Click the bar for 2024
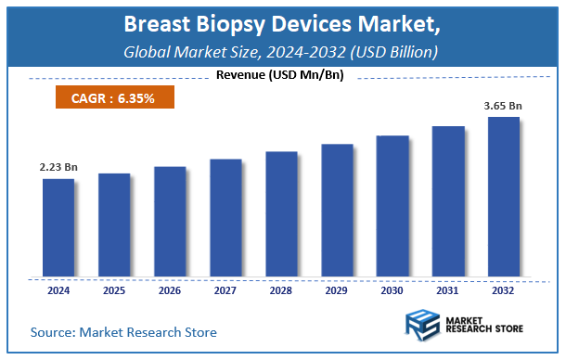click(58, 227)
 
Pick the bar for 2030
click(392, 206)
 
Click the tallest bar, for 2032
click(504, 197)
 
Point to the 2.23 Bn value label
click(58, 167)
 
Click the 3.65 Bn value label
click(504, 106)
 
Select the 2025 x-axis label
click(114, 291)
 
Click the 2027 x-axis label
click(225, 291)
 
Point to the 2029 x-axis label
click(337, 291)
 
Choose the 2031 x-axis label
click(448, 291)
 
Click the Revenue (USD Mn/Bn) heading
click(280, 75)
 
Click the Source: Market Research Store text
click(123, 331)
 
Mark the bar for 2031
click(448, 201)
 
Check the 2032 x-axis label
click(504, 291)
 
